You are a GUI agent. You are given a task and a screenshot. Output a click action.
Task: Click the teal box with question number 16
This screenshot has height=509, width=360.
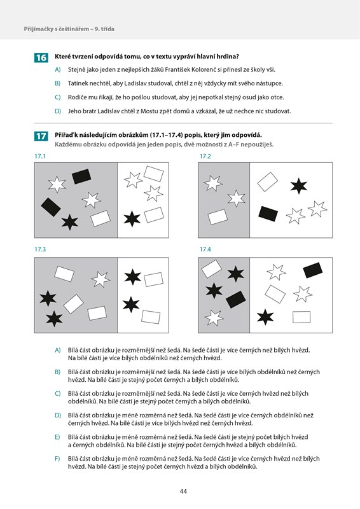tap(41, 57)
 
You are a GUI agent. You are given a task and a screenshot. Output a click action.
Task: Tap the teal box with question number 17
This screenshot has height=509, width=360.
tap(41, 136)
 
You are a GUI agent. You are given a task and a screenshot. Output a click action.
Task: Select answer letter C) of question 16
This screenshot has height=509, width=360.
tap(58, 97)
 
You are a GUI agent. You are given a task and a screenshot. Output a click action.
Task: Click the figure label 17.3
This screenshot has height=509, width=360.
tap(40, 249)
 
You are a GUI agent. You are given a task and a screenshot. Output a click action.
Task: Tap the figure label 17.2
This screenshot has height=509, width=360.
tap(205, 156)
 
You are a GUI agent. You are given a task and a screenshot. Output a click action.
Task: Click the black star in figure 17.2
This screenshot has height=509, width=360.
tap(299, 186)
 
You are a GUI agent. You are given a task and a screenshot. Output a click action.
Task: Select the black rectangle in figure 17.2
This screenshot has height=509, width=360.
tap(268, 213)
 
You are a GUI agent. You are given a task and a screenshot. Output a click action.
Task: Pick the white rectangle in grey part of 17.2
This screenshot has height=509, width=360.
tap(218, 217)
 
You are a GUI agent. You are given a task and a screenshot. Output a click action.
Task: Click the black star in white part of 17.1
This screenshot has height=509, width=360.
tap(132, 219)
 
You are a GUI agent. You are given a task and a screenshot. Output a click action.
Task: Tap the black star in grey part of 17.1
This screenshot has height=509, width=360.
tap(70, 222)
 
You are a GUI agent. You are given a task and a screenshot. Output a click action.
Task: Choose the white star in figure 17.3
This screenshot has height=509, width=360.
tap(100, 279)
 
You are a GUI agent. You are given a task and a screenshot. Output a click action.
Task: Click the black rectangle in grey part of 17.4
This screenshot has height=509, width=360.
tap(236, 299)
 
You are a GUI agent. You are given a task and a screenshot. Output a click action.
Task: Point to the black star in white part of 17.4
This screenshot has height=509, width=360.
tap(265, 317)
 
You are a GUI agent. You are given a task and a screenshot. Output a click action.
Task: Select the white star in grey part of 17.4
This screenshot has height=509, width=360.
tap(214, 317)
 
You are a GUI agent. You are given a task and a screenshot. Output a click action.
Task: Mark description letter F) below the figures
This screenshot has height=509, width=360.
tap(57, 459)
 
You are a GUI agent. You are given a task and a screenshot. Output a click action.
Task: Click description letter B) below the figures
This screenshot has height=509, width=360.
tap(58, 372)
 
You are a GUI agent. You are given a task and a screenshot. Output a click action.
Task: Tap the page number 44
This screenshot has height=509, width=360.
tap(183, 491)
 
